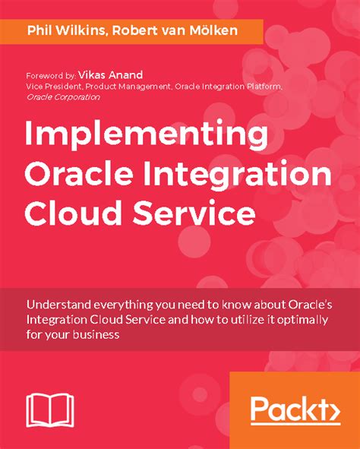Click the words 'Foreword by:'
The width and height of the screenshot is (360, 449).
point(50,77)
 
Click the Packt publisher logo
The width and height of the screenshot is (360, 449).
point(294,411)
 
